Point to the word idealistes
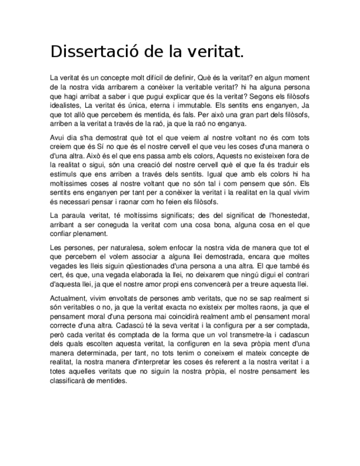65,104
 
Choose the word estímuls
63,174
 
